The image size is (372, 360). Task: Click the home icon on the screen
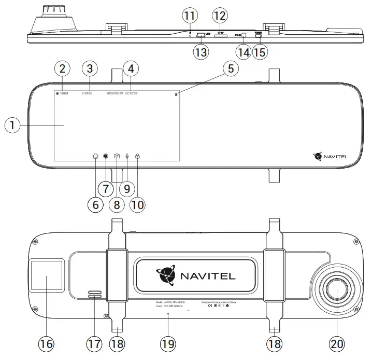pos(95,156)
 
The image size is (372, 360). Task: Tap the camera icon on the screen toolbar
pos(117,156)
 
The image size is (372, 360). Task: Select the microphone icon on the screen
pos(127,156)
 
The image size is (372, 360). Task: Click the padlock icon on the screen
pos(137,156)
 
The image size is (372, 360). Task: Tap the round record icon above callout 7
pos(106,156)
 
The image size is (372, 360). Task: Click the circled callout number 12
pos(220,16)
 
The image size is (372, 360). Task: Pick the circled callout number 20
pos(336,344)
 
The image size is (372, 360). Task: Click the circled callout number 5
pos(232,68)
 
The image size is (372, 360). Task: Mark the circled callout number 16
pos(47,344)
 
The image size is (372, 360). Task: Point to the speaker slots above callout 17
pos(94,295)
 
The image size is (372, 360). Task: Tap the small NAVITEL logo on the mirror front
pos(332,155)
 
